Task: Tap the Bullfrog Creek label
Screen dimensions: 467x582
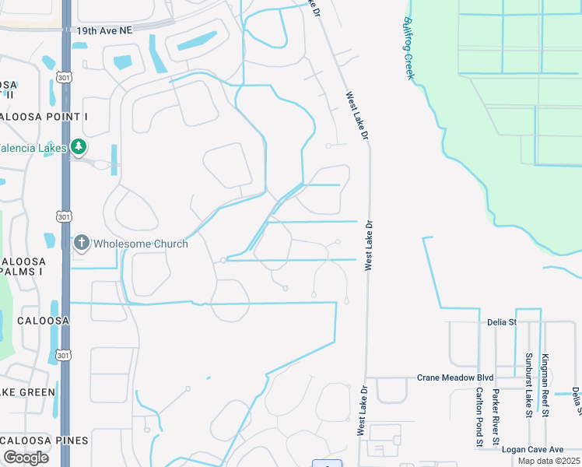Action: point(408,48)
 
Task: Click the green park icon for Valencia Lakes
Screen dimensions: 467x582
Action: point(78,146)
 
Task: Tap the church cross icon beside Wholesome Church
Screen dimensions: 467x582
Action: point(81,244)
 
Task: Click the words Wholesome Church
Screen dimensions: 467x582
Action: point(140,244)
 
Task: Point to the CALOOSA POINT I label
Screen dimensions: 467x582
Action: point(42,116)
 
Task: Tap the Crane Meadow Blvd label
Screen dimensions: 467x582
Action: point(456,377)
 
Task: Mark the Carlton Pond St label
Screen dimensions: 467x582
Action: point(479,419)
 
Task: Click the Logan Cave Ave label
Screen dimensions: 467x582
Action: point(533,449)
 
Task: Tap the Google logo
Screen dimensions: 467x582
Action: point(26,458)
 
